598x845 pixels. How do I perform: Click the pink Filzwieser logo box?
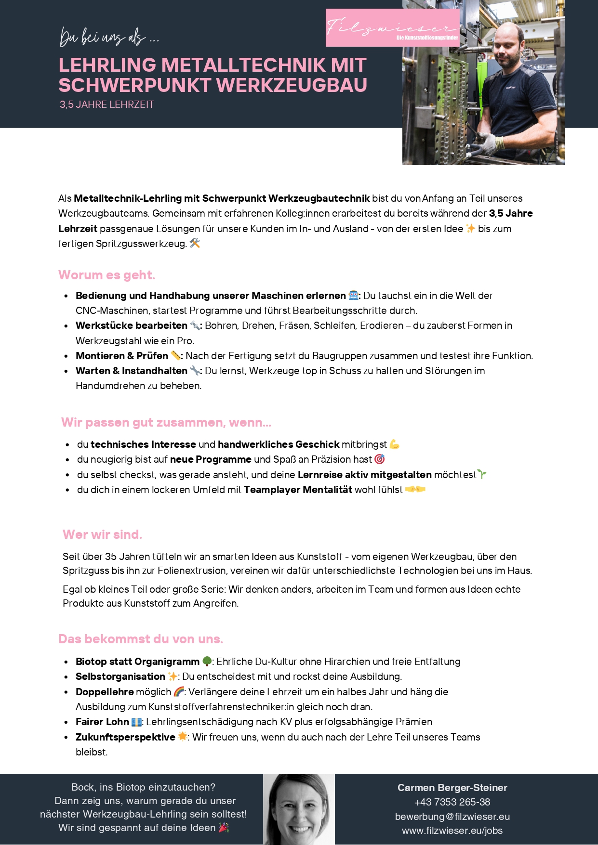[x=392, y=28]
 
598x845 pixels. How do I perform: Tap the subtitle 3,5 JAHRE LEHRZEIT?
[x=106, y=104]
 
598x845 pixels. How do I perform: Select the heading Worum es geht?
[x=106, y=275]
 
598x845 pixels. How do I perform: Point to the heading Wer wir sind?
[x=102, y=534]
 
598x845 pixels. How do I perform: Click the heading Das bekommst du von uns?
[x=140, y=639]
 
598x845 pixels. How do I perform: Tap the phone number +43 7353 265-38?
[x=452, y=802]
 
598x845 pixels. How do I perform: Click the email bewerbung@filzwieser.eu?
[x=452, y=817]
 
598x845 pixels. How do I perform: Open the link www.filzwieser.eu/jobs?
[x=452, y=831]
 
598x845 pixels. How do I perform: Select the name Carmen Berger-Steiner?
[x=452, y=788]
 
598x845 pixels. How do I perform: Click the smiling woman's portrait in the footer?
[x=299, y=809]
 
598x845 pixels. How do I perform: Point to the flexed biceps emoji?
[x=394, y=444]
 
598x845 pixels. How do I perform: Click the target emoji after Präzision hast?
[x=380, y=459]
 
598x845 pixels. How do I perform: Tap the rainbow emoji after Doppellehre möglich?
[x=179, y=692]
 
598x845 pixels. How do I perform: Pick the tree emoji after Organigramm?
[x=207, y=662]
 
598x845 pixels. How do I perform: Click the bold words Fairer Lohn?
[x=102, y=722]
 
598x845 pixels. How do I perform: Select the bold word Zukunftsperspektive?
[x=125, y=737]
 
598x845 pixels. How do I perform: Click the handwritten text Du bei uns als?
[x=109, y=37]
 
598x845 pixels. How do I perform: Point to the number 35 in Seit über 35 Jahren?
[x=111, y=557]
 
